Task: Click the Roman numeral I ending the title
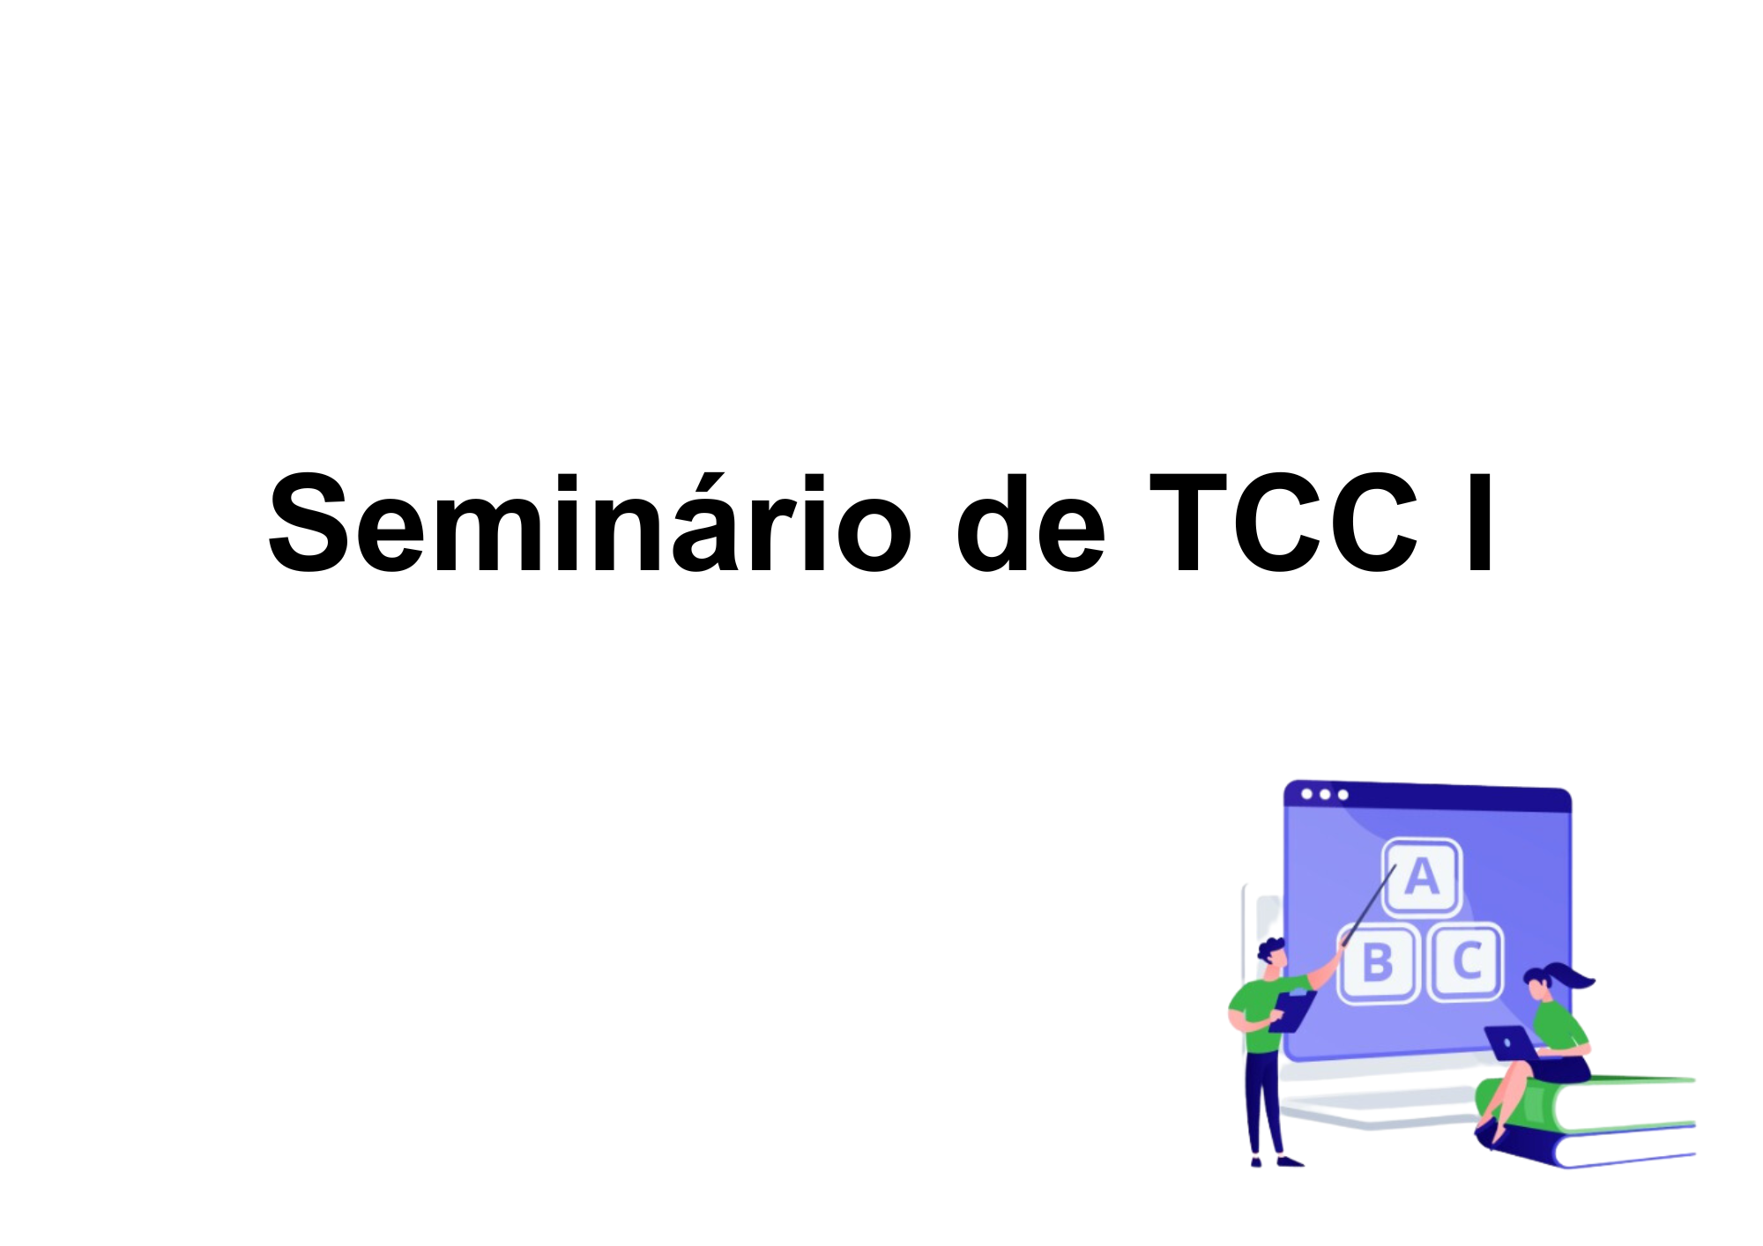1480,525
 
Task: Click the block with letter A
1421,878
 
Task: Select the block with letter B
1378,962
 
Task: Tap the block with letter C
1466,961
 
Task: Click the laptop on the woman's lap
1510,1043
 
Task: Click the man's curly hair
1270,949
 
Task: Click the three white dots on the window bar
1324,795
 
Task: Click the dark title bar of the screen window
1454,798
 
